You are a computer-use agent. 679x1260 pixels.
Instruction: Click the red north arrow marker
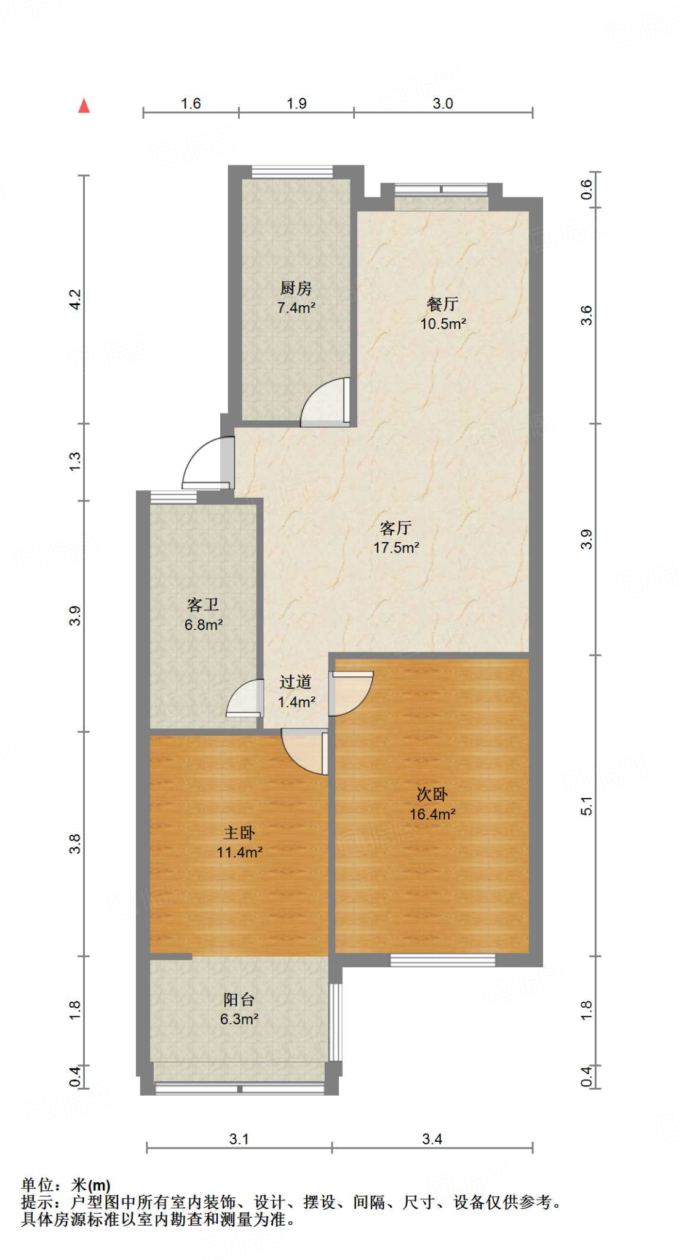tap(84, 106)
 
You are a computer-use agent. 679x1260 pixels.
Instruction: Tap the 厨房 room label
tap(296, 288)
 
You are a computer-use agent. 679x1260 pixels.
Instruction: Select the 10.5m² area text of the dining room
tap(443, 324)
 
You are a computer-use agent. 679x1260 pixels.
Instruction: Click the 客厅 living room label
tap(395, 528)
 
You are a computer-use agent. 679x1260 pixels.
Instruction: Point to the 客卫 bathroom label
tap(203, 605)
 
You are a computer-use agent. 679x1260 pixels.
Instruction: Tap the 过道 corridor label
tap(296, 682)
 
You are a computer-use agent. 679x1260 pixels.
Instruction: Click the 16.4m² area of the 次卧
tap(432, 814)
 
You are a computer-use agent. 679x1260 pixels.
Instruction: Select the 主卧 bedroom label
tap(239, 833)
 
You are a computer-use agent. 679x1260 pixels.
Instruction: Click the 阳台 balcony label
tap(239, 1000)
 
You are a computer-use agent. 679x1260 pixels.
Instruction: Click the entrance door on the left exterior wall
tap(206, 465)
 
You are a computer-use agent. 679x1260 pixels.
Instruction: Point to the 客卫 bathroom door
tap(245, 700)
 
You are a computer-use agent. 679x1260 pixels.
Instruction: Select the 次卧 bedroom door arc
tap(352, 693)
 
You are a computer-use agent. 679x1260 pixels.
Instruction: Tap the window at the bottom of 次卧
tap(442, 960)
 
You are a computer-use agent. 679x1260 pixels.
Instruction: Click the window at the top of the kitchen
tap(292, 172)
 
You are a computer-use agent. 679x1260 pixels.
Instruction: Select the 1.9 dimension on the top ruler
tap(296, 103)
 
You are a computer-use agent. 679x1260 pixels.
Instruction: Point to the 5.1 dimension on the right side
tap(587, 805)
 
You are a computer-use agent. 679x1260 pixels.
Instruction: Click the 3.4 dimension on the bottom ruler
tap(432, 1139)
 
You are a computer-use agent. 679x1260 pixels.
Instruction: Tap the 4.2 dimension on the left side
tap(75, 300)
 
